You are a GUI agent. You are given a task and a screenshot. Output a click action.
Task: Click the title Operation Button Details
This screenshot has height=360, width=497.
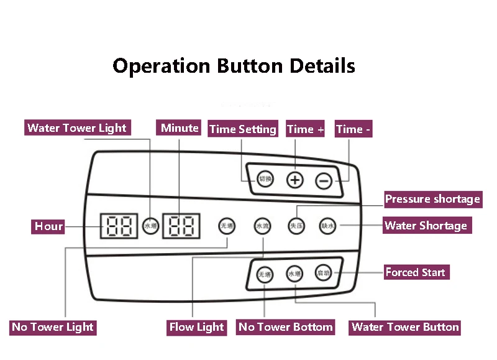coord(234,66)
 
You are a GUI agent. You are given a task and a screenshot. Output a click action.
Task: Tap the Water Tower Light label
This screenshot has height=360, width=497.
coord(77,129)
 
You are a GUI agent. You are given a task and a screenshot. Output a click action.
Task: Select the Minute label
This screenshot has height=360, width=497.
coord(180,128)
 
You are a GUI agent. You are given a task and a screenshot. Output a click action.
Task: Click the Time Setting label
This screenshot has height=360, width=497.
coord(242,129)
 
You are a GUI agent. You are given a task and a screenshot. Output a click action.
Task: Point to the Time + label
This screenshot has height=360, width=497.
coord(306,129)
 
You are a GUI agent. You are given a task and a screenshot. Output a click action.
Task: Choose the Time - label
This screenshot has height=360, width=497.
coord(353,129)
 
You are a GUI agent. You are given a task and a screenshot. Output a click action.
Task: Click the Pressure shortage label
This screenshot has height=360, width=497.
coord(432,199)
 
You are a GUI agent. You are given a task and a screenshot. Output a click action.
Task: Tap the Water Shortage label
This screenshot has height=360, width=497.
coord(426,225)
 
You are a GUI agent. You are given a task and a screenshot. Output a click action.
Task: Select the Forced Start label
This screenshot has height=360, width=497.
coord(415,272)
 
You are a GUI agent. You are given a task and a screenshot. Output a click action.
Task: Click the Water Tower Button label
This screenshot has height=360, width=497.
coord(405,327)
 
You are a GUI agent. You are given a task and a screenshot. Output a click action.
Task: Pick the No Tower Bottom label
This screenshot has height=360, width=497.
coord(286,327)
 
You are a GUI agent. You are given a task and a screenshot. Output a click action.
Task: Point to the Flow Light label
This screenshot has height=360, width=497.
coord(197,327)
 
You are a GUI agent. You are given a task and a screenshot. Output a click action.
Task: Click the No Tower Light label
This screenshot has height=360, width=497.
coord(53,327)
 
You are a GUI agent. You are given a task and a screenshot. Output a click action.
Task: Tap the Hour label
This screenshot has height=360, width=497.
coord(49,226)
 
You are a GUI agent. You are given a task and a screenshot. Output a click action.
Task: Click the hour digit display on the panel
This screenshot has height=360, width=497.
coord(118,226)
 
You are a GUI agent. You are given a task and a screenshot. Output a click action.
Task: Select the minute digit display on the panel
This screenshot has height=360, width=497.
coord(181,226)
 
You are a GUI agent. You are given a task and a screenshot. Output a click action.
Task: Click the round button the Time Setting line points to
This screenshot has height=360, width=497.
coord(266,180)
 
